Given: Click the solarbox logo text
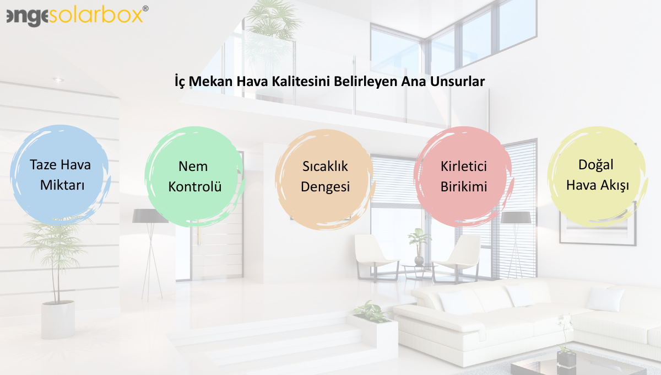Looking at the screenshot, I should (x=96, y=15).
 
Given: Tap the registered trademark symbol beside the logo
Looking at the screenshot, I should (x=145, y=8).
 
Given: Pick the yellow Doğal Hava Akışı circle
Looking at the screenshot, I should (x=597, y=175).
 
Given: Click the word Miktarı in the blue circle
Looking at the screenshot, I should (x=62, y=185).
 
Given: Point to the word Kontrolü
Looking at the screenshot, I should (x=195, y=187).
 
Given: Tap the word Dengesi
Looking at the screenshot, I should (x=325, y=187).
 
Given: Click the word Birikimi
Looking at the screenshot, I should (x=464, y=187).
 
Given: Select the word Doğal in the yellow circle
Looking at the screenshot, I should (x=596, y=165).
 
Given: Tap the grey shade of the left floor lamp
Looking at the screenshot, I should (x=150, y=216).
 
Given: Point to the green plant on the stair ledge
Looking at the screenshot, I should (x=371, y=312).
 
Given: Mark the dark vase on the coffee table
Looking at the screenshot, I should (x=566, y=358).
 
